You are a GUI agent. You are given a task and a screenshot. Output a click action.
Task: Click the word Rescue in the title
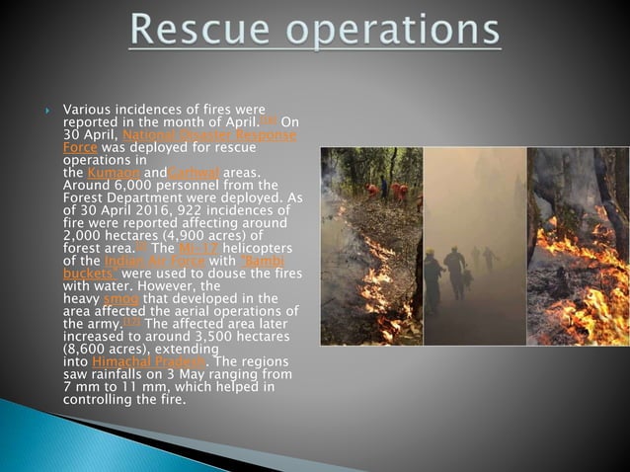[191, 32]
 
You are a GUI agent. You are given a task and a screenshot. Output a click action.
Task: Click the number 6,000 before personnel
[130, 186]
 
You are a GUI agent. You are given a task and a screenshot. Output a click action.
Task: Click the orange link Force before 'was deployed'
[79, 146]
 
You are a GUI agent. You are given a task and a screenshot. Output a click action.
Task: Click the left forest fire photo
[370, 246]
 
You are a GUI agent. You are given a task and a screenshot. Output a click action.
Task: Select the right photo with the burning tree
[578, 246]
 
